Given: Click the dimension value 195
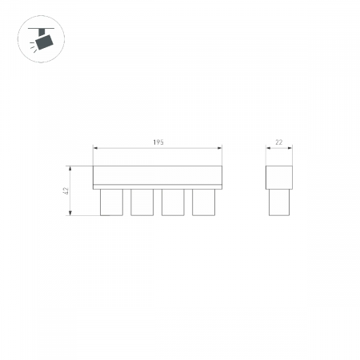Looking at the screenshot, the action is tap(158, 142).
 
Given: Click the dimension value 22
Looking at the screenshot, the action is tap(278, 142).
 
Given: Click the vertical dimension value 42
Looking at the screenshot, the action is tap(66, 190).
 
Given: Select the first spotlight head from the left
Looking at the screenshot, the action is tap(111, 202).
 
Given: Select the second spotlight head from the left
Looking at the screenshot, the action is tap(142, 202).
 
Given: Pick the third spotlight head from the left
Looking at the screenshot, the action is tap(173, 202).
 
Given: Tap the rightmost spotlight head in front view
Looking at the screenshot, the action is tap(203, 202).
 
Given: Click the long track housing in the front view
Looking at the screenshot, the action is tap(158, 178).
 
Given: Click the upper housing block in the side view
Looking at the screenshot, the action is tap(279, 178).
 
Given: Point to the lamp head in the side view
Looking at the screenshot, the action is tap(279, 202).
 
